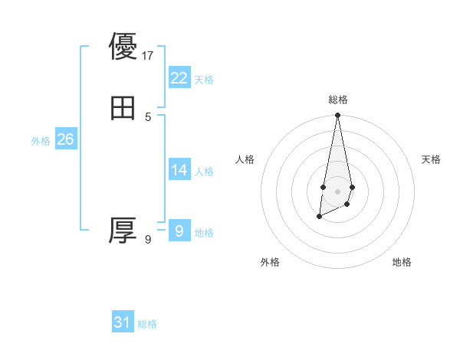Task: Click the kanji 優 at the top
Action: [x=123, y=47]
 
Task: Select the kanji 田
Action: [x=123, y=108]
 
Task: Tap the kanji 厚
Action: [x=123, y=231]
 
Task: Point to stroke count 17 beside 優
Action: [x=149, y=56]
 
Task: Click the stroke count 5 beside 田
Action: [x=148, y=116]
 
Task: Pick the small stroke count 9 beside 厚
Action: [x=148, y=240]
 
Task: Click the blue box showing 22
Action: [x=179, y=78]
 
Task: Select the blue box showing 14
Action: [x=179, y=170]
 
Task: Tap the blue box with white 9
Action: [x=179, y=231]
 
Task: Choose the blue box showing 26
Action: [x=65, y=139]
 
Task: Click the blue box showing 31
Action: [x=123, y=322]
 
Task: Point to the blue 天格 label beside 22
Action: [x=204, y=80]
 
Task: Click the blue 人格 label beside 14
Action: [x=204, y=172]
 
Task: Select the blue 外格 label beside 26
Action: [x=41, y=141]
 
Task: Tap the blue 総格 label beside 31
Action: [x=147, y=324]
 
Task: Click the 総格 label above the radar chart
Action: [x=337, y=100]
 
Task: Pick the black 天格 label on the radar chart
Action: [x=431, y=159]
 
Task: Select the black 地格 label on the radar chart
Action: [x=402, y=262]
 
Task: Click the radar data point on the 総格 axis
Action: [x=337, y=116]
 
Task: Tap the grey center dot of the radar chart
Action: [x=337, y=191]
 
